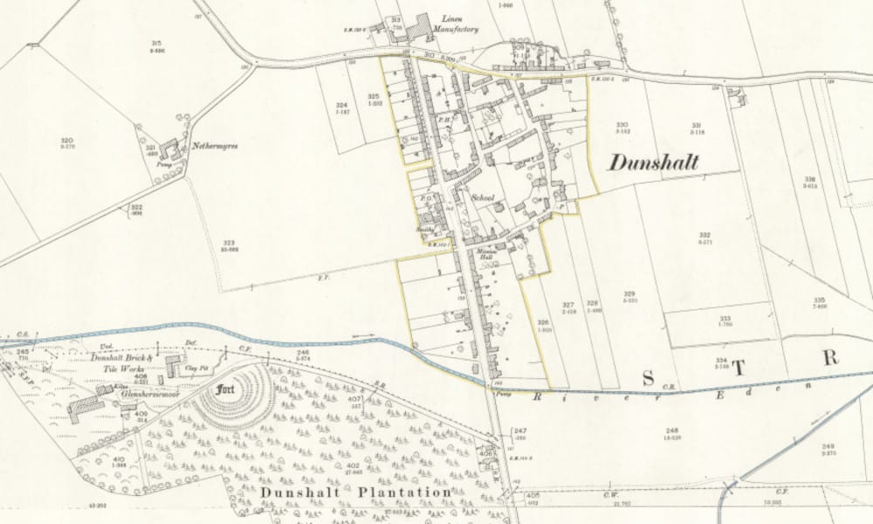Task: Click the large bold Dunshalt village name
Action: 653,162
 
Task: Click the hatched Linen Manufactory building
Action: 423,29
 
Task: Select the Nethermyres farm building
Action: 169,148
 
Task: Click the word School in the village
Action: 483,199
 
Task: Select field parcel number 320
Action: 65,140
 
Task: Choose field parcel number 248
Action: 671,431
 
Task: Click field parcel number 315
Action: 157,44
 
